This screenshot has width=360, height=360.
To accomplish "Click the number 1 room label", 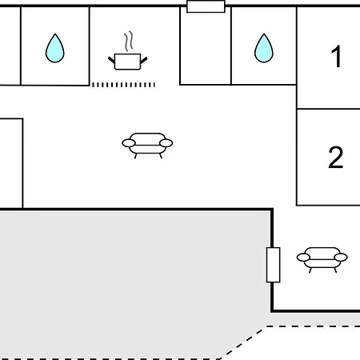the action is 337,56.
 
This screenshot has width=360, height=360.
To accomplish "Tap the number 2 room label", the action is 335,158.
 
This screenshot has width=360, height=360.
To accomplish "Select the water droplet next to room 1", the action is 264,48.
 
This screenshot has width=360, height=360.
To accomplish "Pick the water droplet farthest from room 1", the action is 54,48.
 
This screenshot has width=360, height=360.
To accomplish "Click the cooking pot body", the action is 127,62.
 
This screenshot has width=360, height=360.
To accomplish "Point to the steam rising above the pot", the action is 129,41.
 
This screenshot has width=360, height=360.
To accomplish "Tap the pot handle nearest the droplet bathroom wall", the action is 111,60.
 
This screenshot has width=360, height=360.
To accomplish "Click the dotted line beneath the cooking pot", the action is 123,85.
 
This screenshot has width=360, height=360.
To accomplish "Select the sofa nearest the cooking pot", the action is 147,146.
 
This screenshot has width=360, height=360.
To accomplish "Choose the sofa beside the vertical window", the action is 322,260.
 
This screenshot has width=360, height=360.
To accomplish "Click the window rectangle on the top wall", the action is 206,6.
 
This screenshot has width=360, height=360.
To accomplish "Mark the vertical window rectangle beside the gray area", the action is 273,265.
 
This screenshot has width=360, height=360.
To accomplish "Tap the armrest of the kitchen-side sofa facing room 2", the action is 166,143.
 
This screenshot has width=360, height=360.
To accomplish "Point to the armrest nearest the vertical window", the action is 303,258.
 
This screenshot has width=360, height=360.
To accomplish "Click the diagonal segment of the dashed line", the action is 242,342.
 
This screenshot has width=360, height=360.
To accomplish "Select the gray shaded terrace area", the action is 134,282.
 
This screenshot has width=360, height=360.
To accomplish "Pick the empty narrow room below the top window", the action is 206,48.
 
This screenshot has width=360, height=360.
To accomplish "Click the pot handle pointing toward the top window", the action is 144,60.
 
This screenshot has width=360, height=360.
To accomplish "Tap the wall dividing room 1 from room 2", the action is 329,109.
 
